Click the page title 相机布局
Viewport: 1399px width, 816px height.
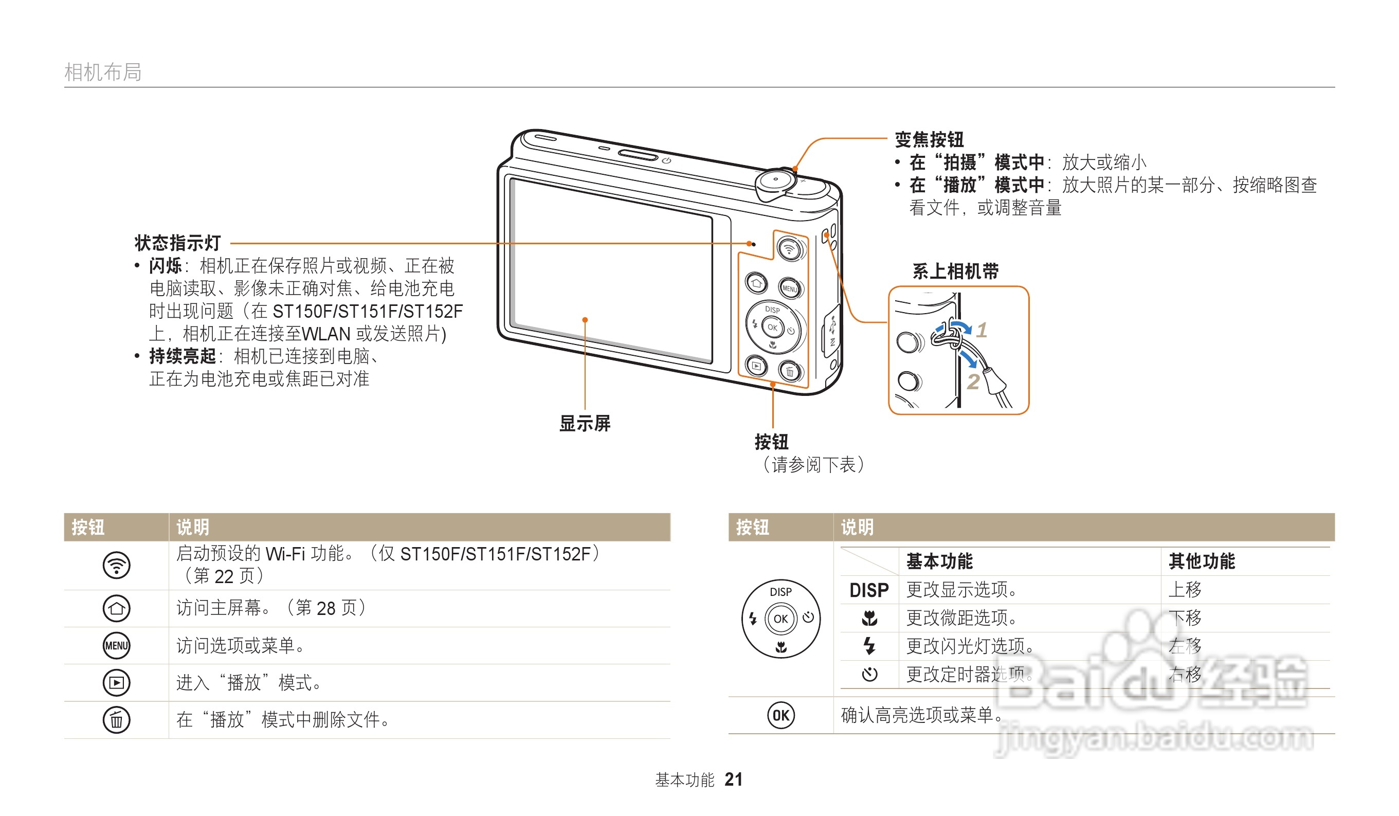103,72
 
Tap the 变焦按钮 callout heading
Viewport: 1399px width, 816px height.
929,139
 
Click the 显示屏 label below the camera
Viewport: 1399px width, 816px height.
585,424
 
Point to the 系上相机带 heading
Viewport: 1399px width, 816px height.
955,271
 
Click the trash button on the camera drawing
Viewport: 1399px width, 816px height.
789,371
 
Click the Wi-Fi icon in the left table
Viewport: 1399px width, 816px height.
117,566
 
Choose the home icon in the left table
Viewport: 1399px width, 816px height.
117,608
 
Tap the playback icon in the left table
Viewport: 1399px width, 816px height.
117,683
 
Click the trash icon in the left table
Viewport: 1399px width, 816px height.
117,720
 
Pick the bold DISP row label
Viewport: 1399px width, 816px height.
869,590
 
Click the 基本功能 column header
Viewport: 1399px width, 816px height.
939,561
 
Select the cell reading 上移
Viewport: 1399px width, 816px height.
1185,590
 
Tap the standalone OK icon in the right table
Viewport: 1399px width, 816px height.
780,716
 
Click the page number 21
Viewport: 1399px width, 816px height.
733,779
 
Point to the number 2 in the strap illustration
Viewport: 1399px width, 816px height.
973,382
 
